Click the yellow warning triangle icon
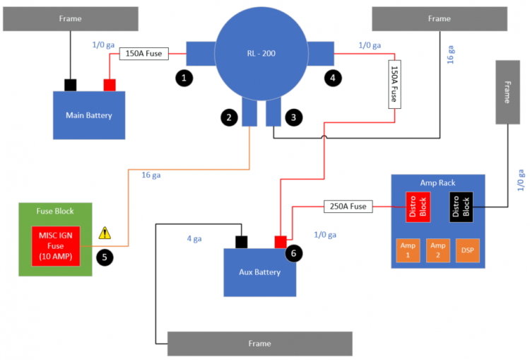point(105,233)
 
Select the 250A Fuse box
point(348,207)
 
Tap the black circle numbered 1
point(184,79)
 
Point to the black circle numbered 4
point(333,79)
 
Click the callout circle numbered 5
point(105,257)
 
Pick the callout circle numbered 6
point(294,253)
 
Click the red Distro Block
point(418,207)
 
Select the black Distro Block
point(461,207)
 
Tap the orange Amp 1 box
point(408,250)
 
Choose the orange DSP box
point(468,250)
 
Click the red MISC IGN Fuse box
point(56,246)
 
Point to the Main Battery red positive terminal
point(110,85)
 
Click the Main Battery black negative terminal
point(70,85)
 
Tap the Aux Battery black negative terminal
point(242,243)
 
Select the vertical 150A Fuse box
point(395,84)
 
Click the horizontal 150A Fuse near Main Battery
point(144,54)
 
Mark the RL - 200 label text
point(261,54)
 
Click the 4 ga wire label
point(194,239)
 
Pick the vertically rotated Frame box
point(507,92)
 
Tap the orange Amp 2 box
point(438,250)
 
